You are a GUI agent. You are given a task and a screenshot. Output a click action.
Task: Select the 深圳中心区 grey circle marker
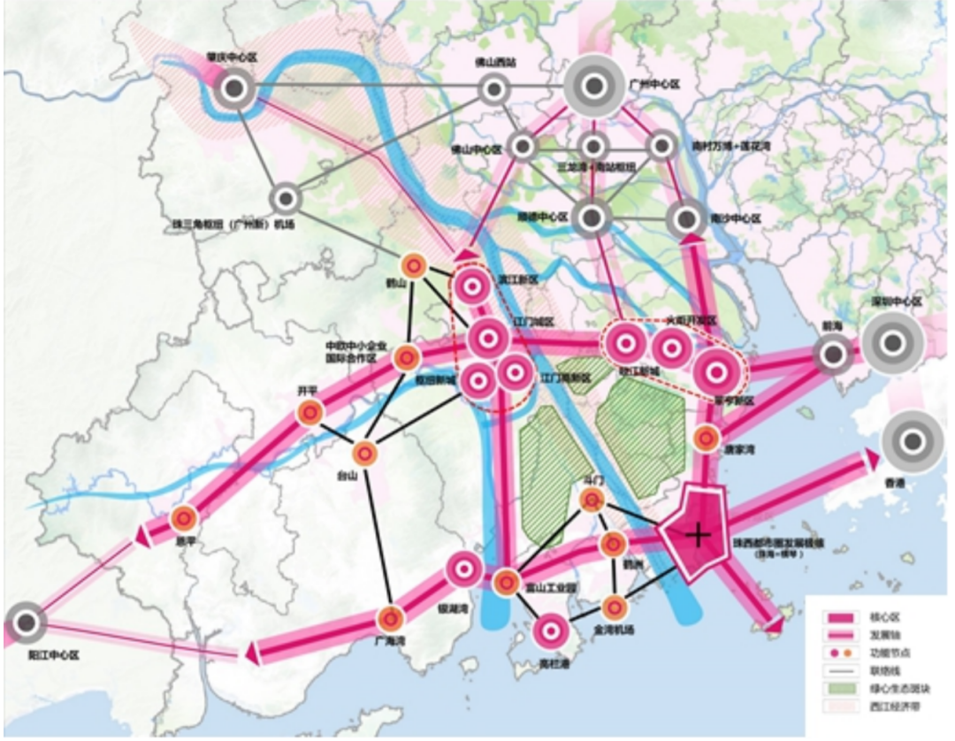pos(892,341)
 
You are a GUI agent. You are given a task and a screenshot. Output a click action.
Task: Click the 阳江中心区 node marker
pos(27,624)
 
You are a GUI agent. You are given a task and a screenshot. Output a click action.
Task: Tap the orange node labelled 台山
pos(365,454)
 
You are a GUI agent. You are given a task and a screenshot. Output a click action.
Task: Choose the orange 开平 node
pos(309,412)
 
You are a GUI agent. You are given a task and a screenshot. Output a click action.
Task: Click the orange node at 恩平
pos(184,519)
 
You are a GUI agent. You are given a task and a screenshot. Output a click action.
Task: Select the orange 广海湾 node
pos(391,619)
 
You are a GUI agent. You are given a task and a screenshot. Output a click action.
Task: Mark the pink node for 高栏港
pos(551,631)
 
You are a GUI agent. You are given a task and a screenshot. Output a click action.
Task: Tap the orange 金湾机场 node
pos(615,607)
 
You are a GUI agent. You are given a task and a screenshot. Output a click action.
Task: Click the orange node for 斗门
pos(592,500)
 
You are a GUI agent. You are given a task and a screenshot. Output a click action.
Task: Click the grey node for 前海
pos(832,355)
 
